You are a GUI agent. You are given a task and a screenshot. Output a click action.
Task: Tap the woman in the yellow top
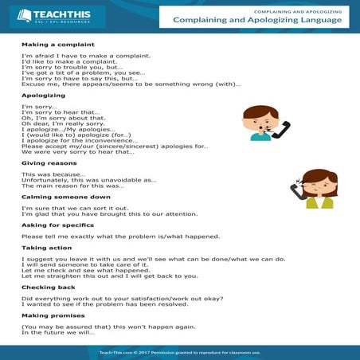[318, 191]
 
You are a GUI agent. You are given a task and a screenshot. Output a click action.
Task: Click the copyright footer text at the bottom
[179, 351]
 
